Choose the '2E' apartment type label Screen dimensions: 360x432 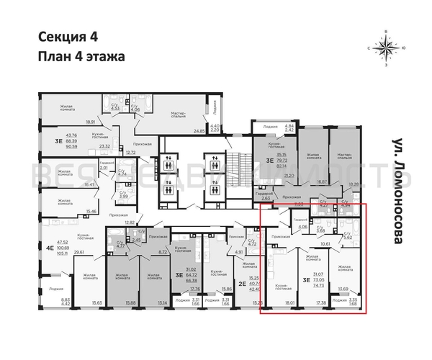[224, 283]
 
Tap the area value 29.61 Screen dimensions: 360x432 [78, 253]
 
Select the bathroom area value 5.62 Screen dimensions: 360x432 [348, 235]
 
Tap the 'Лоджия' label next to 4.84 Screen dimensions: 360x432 [271, 127]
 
